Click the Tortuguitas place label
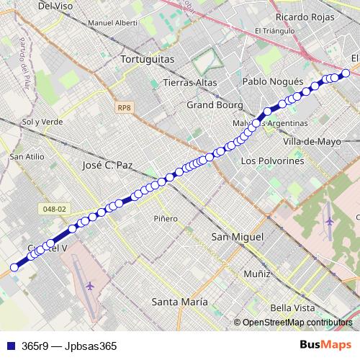149,59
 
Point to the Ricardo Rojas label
302,16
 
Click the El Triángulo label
274,31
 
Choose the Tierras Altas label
190,82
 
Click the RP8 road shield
125,108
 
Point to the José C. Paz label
104,165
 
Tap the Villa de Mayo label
312,141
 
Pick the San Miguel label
238,236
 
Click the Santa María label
179,301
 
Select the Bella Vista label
293,307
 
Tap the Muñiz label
256,274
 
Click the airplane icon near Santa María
90,286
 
